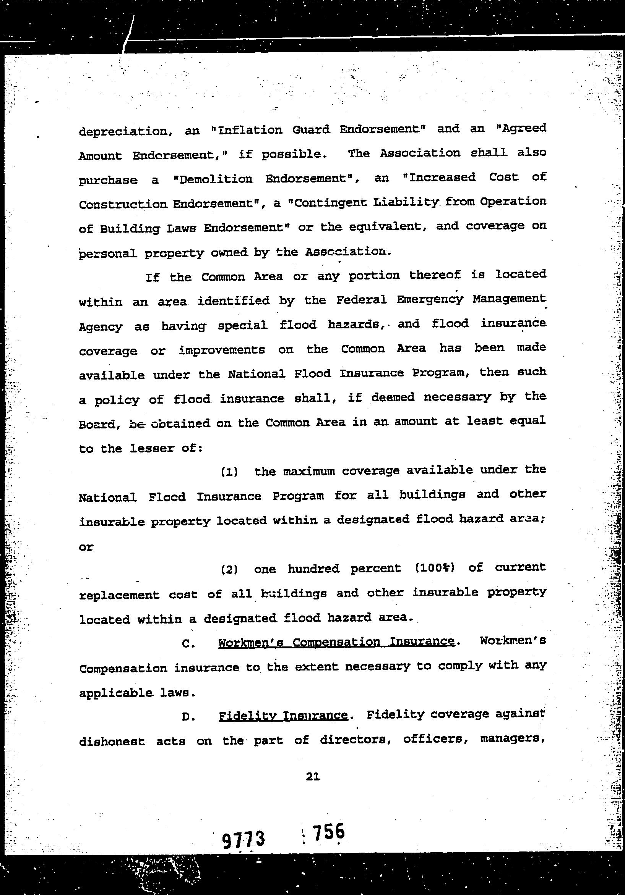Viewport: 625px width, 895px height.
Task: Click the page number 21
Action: click(x=313, y=777)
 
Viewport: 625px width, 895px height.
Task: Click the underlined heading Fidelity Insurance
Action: click(x=283, y=715)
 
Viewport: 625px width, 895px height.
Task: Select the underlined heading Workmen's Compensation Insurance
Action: click(x=336, y=641)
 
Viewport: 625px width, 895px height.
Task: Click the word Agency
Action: click(x=101, y=327)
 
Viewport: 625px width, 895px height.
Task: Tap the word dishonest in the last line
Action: click(x=112, y=741)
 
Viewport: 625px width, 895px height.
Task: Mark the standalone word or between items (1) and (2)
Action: click(x=86, y=546)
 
